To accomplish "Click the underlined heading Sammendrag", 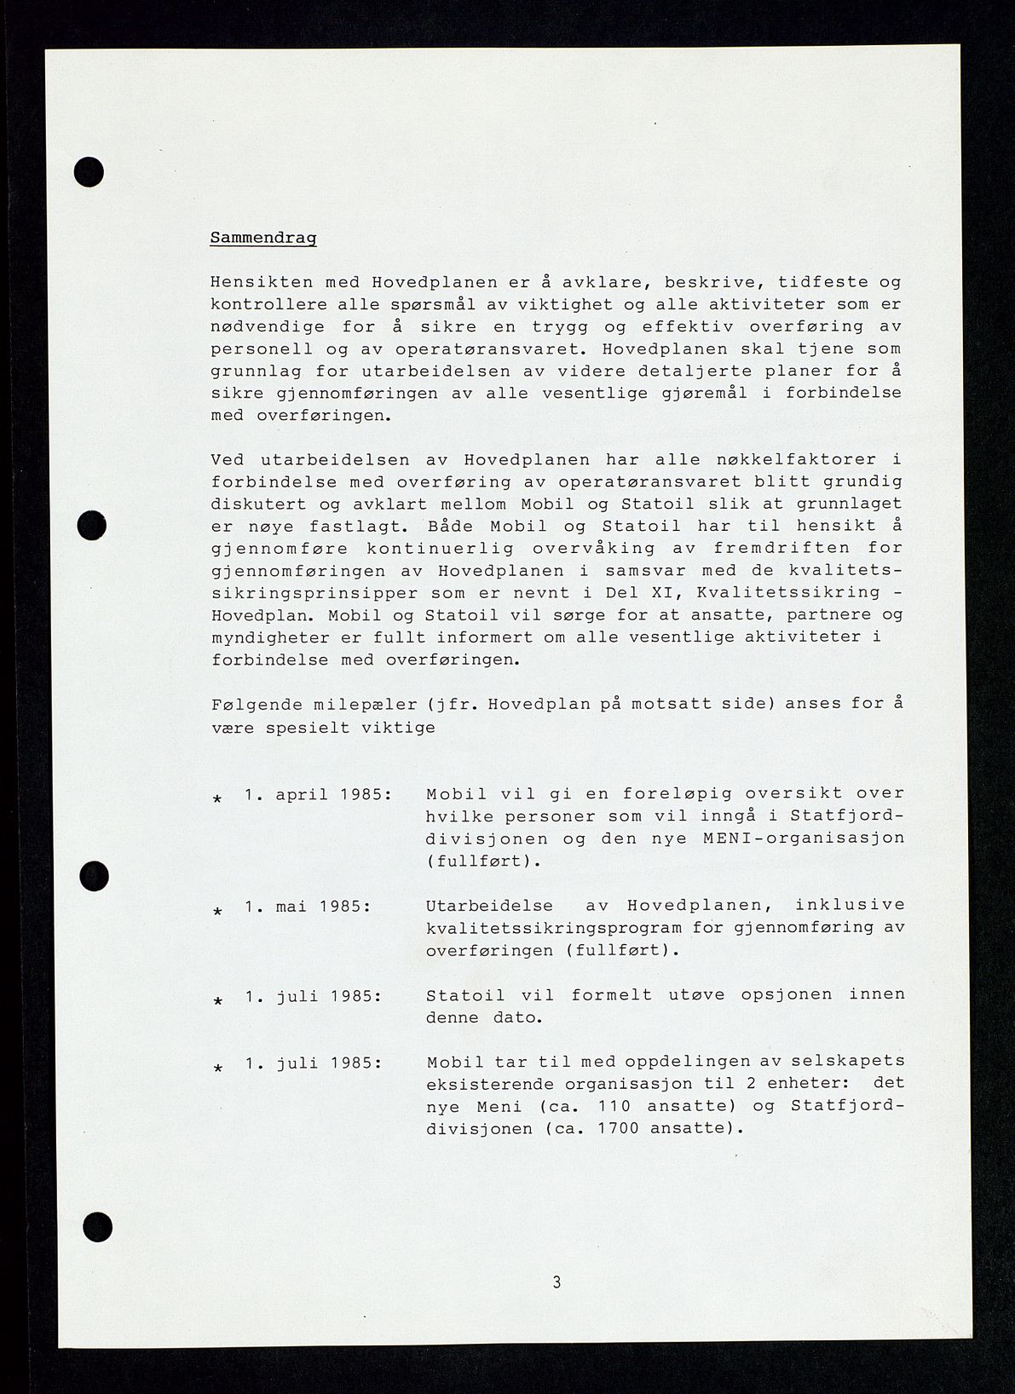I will tap(262, 238).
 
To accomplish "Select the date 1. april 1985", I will tap(318, 793).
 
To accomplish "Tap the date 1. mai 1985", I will tap(307, 906).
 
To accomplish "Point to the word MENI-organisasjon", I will tap(804, 838).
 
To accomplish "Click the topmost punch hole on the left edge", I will tap(89, 173).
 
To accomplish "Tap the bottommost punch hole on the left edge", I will tap(97, 1228).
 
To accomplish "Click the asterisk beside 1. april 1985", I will tap(217, 799).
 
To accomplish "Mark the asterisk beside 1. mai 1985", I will tap(217, 911).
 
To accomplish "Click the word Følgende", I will tap(253, 704).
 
